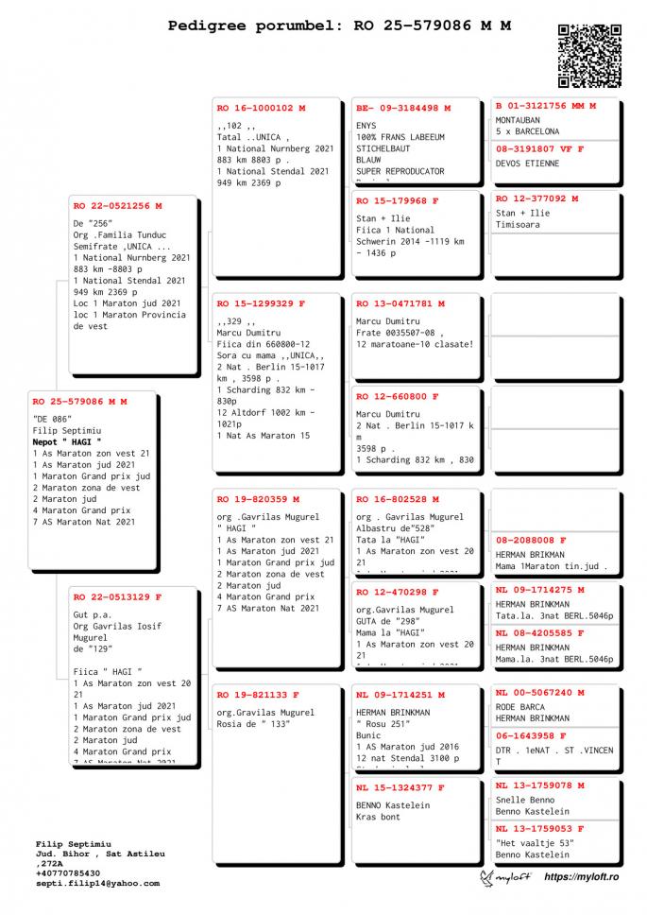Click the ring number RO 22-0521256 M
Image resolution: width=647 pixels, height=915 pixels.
(118, 205)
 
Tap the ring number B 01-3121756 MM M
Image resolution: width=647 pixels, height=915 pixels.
(546, 106)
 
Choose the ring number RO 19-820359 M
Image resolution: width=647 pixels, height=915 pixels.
(258, 498)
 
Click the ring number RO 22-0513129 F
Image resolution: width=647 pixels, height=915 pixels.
(118, 596)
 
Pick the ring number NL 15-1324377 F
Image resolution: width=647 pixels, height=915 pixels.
(400, 786)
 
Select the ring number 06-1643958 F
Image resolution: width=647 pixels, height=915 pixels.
(531, 735)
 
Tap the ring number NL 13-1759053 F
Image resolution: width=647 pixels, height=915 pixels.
(540, 828)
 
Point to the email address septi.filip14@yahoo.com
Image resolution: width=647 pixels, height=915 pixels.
(97, 883)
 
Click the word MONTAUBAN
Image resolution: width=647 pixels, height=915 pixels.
(519, 120)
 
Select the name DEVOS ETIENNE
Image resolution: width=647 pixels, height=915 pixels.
(527, 164)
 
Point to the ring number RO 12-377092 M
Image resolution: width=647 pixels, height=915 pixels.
(537, 199)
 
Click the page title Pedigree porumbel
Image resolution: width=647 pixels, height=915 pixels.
(247, 26)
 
